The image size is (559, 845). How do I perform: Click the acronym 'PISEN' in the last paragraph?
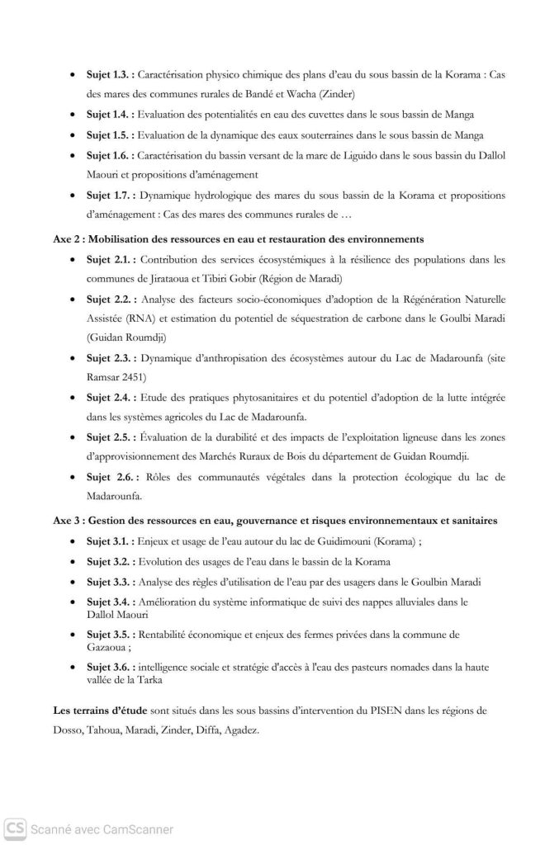pyautogui.click(x=341, y=710)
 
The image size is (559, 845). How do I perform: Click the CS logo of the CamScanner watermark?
pyautogui.click(x=14, y=828)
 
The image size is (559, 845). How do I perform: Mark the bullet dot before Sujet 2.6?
pyautogui.click(x=75, y=478)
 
